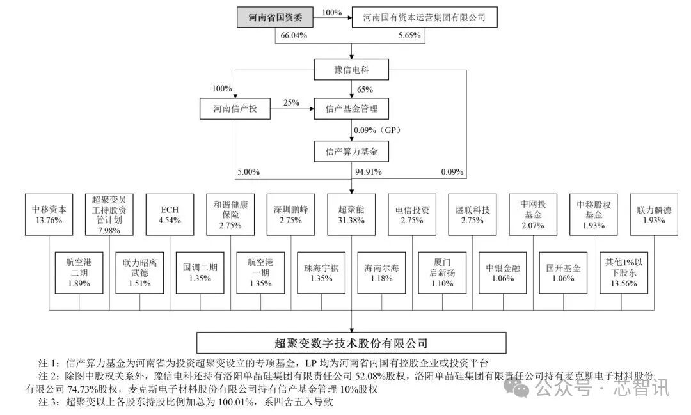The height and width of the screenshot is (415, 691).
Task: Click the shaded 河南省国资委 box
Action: [275, 18]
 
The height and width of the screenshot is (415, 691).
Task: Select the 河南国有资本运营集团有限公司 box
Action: [424, 18]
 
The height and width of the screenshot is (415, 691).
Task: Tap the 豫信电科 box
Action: [351, 70]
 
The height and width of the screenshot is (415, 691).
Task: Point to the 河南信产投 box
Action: [235, 108]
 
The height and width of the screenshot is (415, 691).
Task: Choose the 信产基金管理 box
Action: [351, 108]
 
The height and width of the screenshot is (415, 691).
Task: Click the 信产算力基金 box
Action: [351, 152]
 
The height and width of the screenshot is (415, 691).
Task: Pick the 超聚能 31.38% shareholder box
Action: [351, 215]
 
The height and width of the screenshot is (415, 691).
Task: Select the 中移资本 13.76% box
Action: [49, 215]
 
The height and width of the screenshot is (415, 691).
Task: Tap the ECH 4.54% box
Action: [170, 215]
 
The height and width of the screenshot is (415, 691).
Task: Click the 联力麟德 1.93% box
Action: [654, 215]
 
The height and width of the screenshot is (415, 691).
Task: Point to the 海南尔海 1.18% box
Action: [381, 272]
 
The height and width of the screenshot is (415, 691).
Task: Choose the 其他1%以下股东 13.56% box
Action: [624, 272]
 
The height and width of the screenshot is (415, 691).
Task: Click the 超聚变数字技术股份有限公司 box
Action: [351, 343]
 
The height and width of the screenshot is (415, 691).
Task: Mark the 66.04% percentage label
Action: [294, 36]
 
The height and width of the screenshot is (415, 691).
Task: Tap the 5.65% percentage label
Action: [410, 36]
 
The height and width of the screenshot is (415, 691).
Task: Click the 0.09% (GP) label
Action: [377, 130]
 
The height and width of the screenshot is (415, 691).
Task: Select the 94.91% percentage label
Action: [369, 172]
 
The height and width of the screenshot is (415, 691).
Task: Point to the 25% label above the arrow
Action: [291, 103]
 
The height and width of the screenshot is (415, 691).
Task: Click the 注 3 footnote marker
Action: [49, 402]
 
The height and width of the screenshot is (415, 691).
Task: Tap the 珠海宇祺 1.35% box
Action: [321, 272]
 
